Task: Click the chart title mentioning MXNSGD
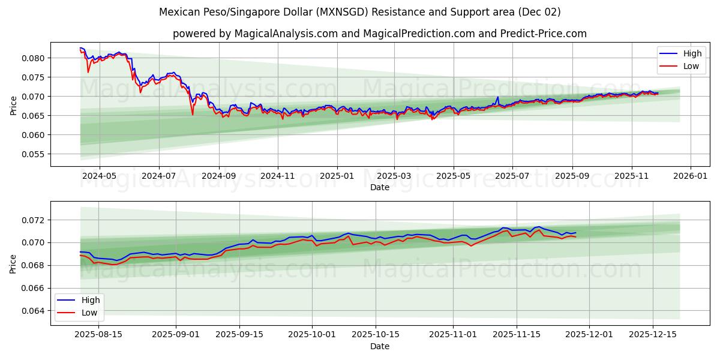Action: (359, 12)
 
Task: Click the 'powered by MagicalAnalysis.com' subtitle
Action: (379, 34)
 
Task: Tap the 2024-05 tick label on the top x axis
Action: (99, 176)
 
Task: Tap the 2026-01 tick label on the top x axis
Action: (691, 176)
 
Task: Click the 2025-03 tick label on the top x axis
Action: (394, 176)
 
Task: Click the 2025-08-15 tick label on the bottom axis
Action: (98, 335)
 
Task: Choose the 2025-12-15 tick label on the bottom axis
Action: (652, 335)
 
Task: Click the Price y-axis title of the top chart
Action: (13, 104)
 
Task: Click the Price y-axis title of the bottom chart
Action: (13, 263)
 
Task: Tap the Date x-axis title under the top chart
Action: (379, 187)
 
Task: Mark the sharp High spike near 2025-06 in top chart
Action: (497, 97)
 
